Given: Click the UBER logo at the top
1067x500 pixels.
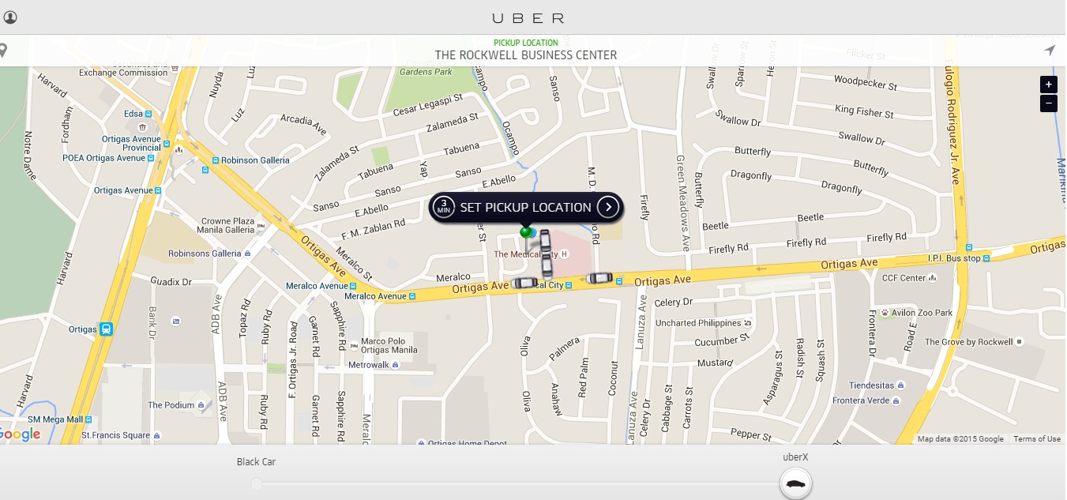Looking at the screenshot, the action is tap(528, 17).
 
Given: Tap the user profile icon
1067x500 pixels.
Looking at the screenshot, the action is tap(11, 17).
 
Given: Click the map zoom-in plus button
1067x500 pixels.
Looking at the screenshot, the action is tap(1048, 85).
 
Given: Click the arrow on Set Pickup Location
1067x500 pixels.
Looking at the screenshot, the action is tap(607, 207).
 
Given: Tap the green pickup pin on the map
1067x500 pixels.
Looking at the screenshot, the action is tap(526, 231).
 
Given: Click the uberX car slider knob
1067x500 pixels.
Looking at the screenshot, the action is tap(796, 483).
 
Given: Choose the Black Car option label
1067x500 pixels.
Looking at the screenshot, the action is tap(256, 462).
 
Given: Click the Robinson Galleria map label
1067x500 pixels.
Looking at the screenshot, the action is tap(255, 160).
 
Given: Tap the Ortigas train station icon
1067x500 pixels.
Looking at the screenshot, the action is tap(106, 329).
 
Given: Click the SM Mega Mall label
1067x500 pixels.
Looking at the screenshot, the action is tap(56, 419).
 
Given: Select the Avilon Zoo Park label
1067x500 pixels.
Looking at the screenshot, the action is tap(922, 313).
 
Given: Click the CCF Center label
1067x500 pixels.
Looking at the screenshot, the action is tap(904, 278).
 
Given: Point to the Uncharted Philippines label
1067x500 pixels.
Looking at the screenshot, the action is tap(698, 323).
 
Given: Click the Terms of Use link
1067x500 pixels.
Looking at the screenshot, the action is tap(1037, 439).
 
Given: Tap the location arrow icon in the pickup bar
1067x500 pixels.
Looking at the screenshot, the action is tap(1049, 51).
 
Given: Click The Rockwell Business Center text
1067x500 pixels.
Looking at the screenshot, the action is tap(526, 55).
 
